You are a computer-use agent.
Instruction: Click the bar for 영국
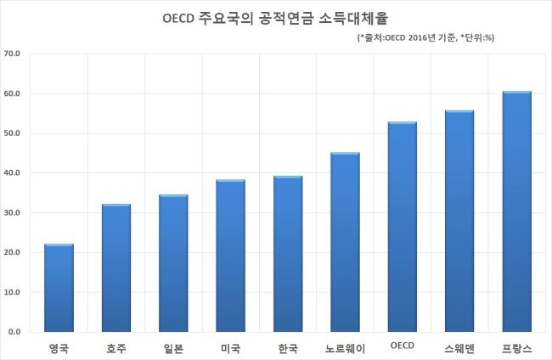(59, 288)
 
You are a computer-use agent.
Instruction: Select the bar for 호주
(115, 267)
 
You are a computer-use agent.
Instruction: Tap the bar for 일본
(172, 263)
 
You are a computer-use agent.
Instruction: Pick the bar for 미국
(230, 256)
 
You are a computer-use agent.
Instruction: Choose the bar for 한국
(288, 254)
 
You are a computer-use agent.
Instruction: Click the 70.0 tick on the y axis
(14, 53)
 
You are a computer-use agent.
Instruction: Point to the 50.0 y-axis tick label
(14, 133)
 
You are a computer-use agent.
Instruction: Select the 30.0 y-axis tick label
(14, 213)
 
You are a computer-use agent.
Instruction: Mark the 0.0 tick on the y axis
(16, 332)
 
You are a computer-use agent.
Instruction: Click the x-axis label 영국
(59, 348)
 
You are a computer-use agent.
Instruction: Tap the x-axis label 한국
(288, 348)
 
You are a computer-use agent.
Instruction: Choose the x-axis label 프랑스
(516, 348)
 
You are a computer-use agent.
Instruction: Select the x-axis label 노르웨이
(345, 348)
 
